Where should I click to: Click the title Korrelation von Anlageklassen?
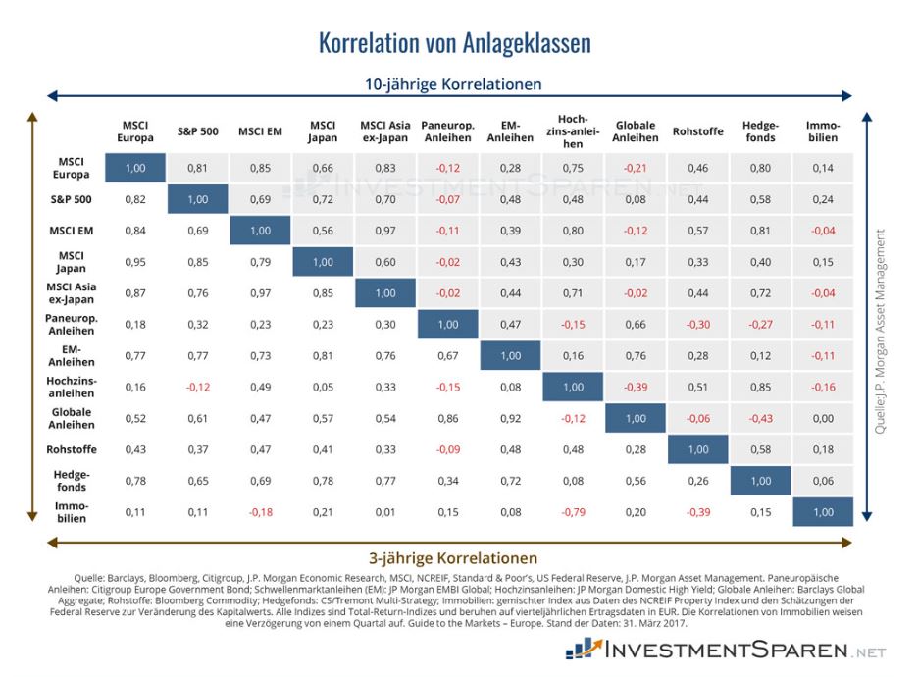click(x=455, y=44)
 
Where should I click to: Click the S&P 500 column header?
click(x=197, y=131)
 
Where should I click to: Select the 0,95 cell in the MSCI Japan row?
click(x=135, y=262)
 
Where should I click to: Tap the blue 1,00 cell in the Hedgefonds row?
click(x=760, y=481)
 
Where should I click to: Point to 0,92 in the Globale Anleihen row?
click(x=510, y=417)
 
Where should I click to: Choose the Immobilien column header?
click(x=822, y=131)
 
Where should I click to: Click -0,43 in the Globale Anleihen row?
click(x=760, y=417)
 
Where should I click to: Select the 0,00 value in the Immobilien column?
click(x=822, y=417)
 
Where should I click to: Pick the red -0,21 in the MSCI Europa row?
click(x=636, y=168)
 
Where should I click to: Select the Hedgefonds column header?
click(x=760, y=131)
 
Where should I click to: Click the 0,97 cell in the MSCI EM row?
click(x=385, y=231)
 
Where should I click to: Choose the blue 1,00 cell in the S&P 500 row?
click(x=197, y=199)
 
